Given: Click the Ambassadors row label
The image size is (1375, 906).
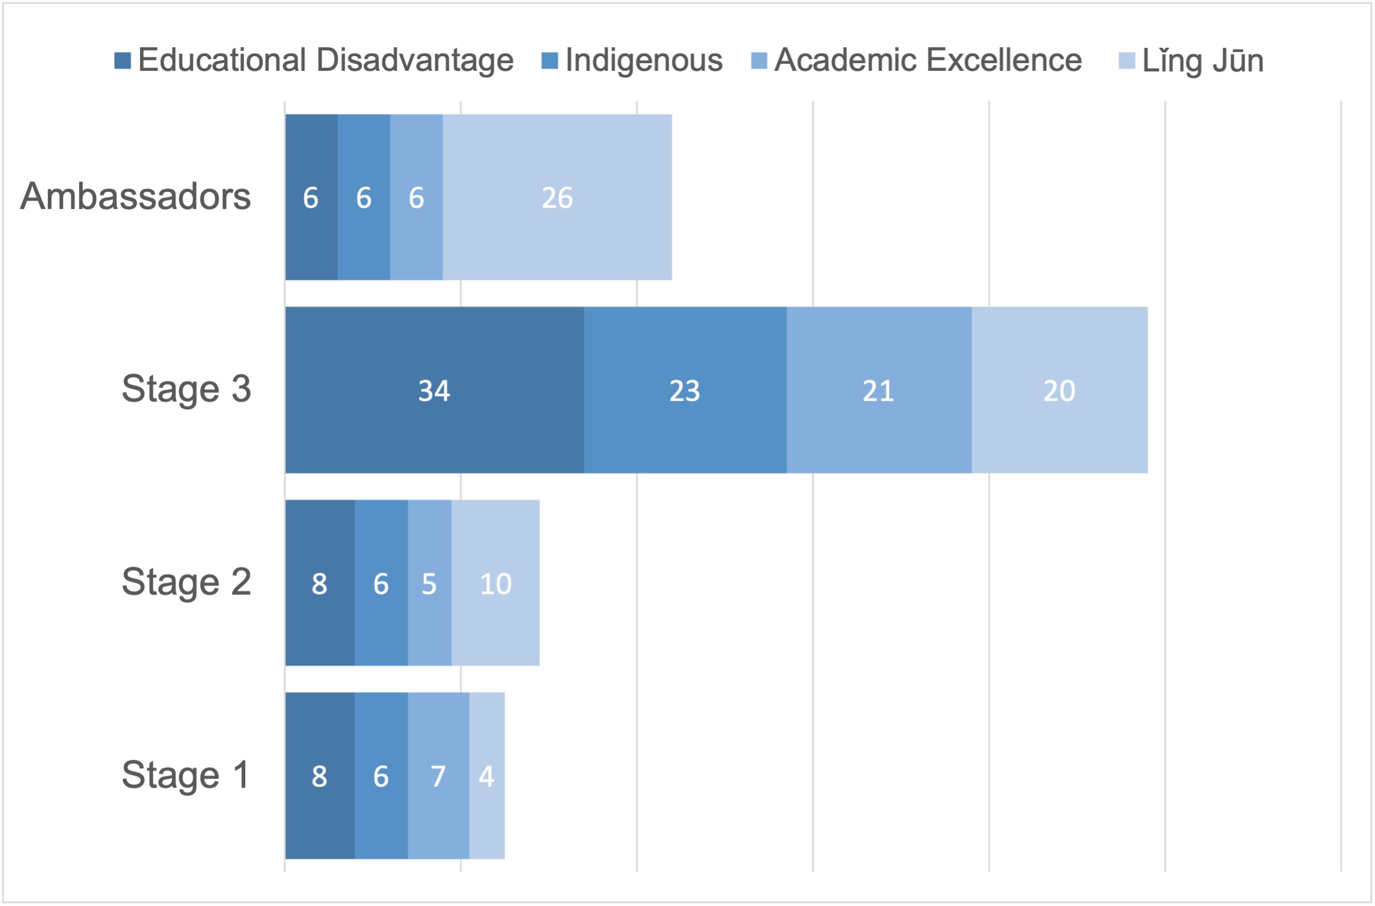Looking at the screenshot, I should point(135,197).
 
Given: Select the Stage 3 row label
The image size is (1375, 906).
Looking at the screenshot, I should point(186,390).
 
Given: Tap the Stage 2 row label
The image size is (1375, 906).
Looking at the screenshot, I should point(186,583).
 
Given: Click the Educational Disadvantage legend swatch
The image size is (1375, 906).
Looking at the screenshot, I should point(122,61).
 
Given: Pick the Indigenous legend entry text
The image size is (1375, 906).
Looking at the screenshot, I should point(643,61).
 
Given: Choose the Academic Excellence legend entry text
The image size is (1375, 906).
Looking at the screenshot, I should point(927,61).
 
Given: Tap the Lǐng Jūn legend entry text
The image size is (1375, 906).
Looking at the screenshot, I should point(1203,61).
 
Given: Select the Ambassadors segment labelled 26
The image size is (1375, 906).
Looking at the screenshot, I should point(557,197).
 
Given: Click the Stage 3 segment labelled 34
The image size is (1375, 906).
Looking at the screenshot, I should point(434,390).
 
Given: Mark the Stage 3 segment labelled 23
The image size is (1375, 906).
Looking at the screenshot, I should point(685,390).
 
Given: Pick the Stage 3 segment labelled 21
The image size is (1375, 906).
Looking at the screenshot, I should point(878,390).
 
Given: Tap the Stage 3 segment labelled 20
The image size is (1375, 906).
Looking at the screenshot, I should point(1059,390).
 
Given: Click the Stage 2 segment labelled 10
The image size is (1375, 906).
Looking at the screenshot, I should point(495,583).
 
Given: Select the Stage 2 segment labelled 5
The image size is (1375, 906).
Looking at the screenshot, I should point(429,583).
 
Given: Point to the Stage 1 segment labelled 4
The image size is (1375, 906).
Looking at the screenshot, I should point(487,776).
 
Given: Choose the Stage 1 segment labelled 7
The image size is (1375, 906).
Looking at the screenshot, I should point(438,776).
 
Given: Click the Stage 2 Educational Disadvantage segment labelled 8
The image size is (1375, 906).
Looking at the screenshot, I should point(320,583).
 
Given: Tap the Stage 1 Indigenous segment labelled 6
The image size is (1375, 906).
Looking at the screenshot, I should point(381,776).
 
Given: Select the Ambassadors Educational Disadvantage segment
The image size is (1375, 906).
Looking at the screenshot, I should point(311,197).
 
